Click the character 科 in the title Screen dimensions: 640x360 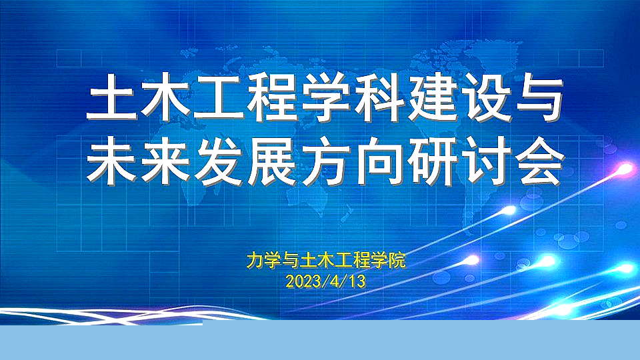click(x=379, y=97)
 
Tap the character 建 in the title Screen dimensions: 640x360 click(x=432, y=97)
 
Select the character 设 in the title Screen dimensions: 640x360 click(x=486, y=97)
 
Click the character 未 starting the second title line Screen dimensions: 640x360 click(x=111, y=161)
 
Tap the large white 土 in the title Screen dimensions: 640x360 click(x=111, y=97)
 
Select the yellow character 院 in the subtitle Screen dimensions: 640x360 click(x=397, y=261)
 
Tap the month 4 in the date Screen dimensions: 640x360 click(x=335, y=281)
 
